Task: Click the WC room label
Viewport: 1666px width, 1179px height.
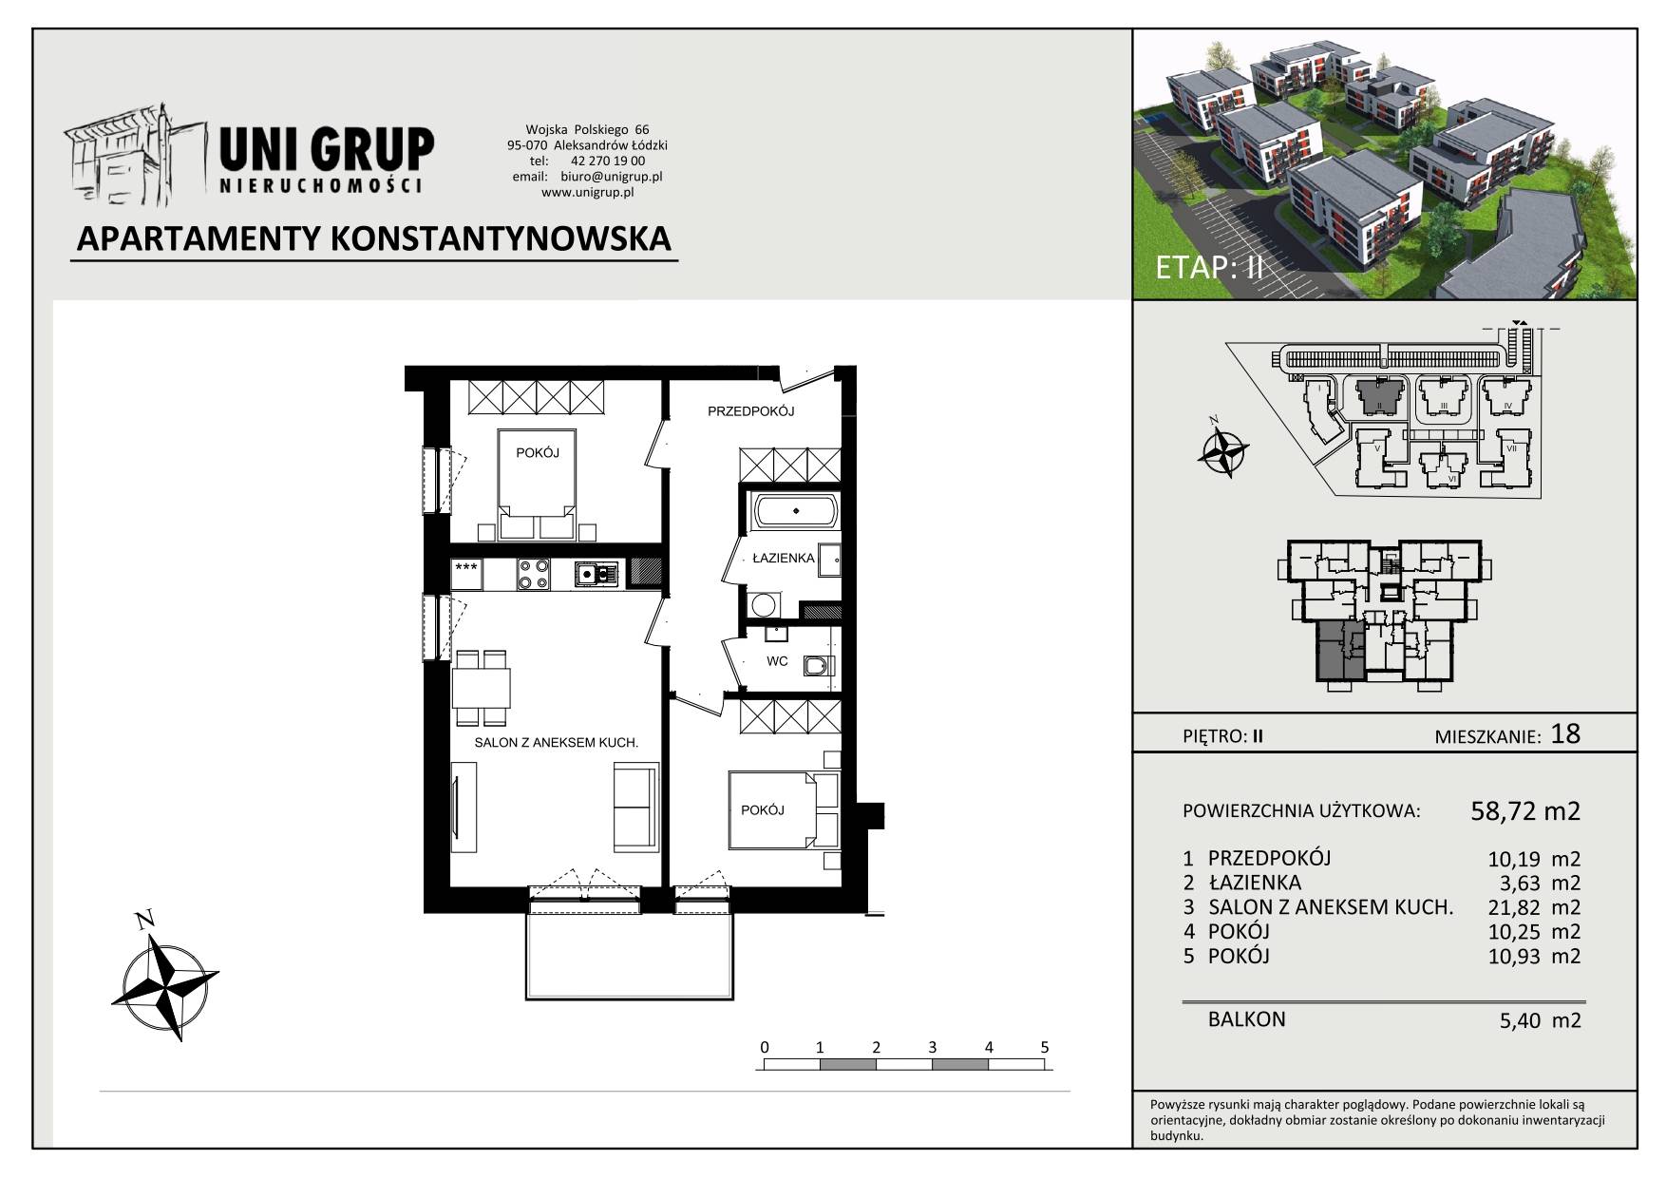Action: [777, 661]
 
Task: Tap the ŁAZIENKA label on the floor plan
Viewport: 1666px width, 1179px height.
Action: [784, 559]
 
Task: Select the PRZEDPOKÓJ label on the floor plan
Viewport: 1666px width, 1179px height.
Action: [750, 411]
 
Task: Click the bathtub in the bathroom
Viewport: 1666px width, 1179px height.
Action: [796, 512]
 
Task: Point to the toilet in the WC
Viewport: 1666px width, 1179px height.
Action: [817, 666]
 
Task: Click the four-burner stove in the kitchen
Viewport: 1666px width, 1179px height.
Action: [533, 574]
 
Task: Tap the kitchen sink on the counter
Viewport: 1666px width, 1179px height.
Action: [596, 574]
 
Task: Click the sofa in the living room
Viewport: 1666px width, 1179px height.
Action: [634, 808]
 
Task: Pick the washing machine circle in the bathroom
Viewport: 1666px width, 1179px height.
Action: [763, 604]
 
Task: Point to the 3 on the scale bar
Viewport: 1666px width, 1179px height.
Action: [932, 1048]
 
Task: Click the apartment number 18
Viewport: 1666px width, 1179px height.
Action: [1564, 733]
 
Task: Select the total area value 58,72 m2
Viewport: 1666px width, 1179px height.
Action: [1525, 810]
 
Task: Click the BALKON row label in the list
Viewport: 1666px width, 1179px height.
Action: [1247, 1019]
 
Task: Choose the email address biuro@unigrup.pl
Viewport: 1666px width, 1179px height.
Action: [612, 177]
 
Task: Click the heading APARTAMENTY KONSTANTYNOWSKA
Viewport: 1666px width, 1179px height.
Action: [373, 238]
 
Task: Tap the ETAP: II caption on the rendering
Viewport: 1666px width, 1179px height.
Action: [1209, 267]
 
